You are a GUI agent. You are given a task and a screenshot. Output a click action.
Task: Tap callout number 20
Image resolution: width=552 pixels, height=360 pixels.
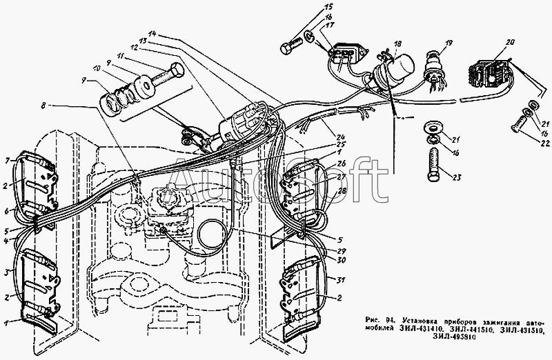pyautogui.click(x=510, y=42)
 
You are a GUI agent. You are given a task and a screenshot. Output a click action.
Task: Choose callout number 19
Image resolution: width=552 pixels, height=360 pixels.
pyautogui.click(x=448, y=46)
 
